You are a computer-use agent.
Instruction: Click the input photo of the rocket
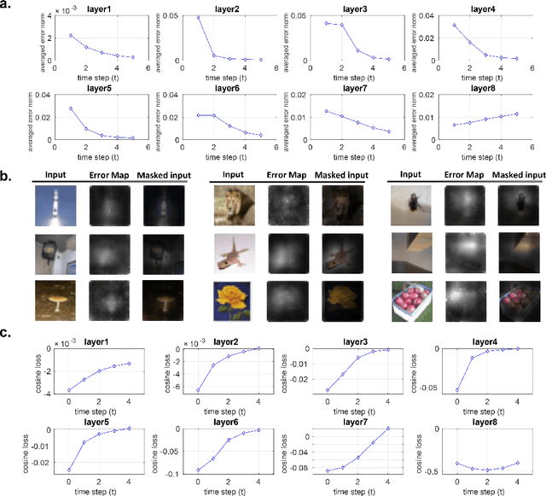(x=50, y=208)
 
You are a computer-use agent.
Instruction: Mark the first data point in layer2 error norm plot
(x=175, y=17)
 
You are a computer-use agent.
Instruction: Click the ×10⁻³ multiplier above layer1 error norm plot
(x=60, y=7)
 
